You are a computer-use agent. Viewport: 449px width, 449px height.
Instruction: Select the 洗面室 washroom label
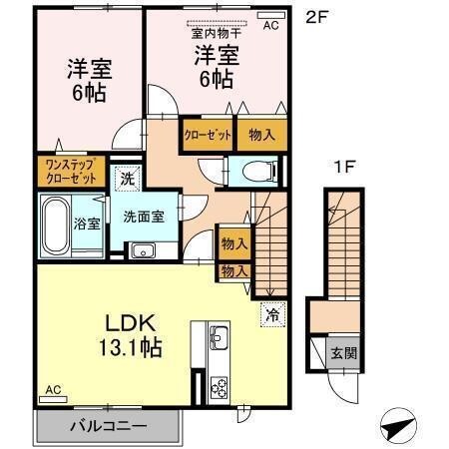click(144, 218)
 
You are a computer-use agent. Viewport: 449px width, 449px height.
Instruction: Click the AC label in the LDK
click(52, 390)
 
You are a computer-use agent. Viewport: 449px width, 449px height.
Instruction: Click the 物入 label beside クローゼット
click(261, 134)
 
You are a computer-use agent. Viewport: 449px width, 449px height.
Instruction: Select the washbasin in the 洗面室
click(139, 249)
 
